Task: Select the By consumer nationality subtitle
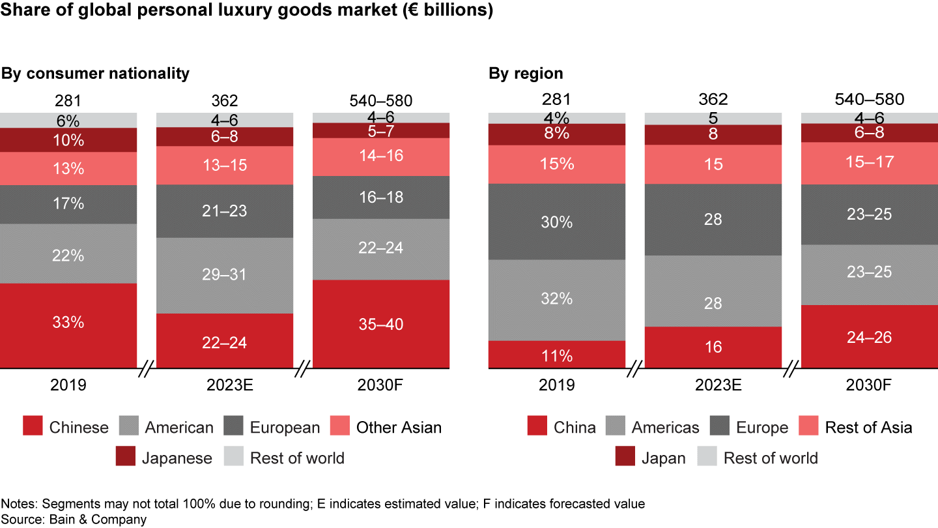pyautogui.click(x=95, y=73)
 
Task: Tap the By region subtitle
pyautogui.click(x=526, y=73)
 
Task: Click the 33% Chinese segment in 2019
pyautogui.click(x=68, y=323)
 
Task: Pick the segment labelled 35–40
pyautogui.click(x=381, y=324)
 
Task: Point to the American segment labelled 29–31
pyautogui.click(x=225, y=275)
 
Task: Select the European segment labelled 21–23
pyautogui.click(x=225, y=211)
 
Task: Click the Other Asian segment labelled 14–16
pyautogui.click(x=381, y=156)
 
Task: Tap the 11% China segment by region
pyautogui.click(x=557, y=355)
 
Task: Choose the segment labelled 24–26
pyautogui.click(x=869, y=336)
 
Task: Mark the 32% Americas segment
pyautogui.click(x=557, y=299)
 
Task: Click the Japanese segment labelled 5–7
pyautogui.click(x=381, y=131)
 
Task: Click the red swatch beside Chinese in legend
pyautogui.click(x=33, y=428)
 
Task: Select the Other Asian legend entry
pyautogui.click(x=399, y=428)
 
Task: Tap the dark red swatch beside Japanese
pyautogui.click(x=125, y=458)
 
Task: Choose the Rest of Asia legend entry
pyautogui.click(x=868, y=428)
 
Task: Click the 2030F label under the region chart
pyautogui.click(x=869, y=385)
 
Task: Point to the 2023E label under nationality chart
pyautogui.click(x=225, y=385)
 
